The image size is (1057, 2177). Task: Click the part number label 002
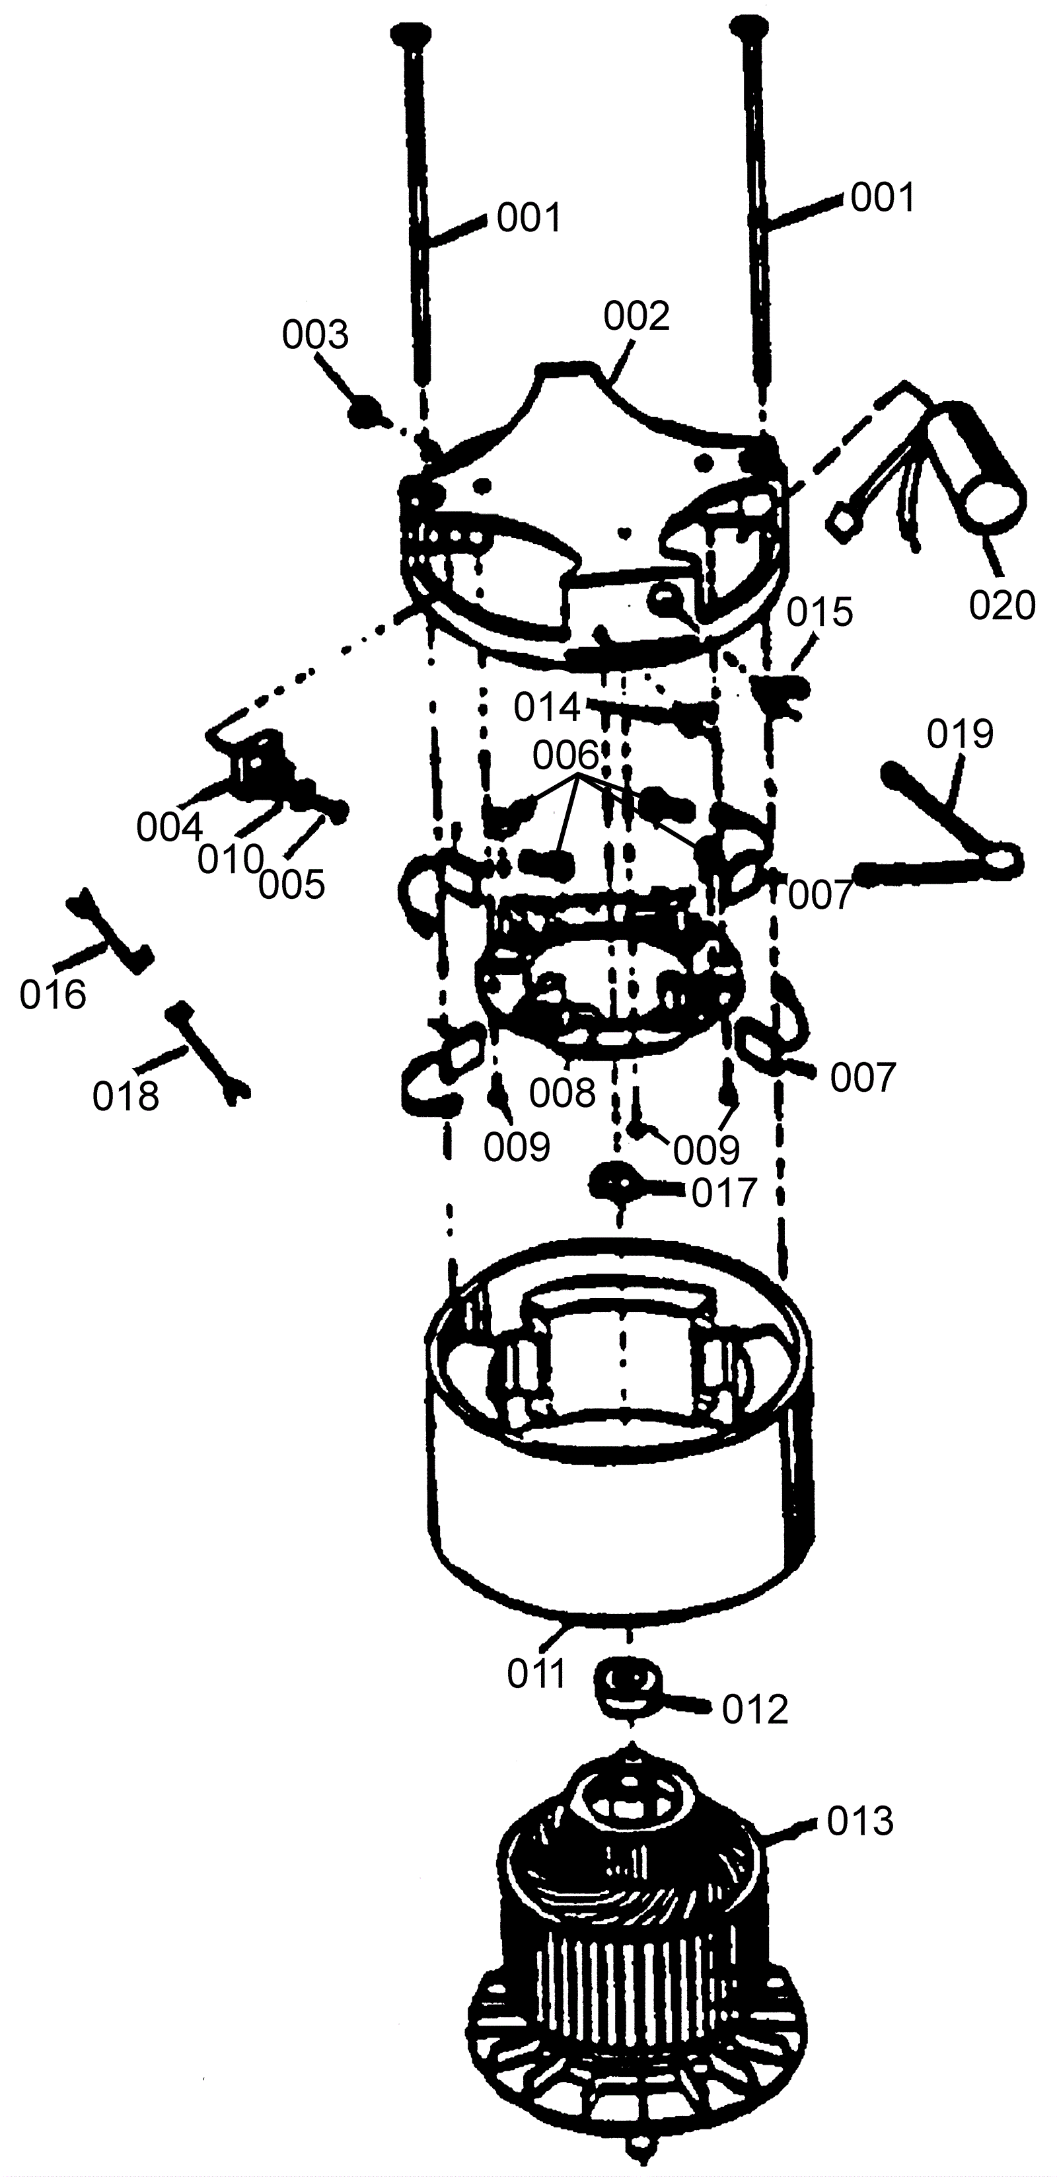coord(636,316)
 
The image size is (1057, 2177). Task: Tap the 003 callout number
coord(315,336)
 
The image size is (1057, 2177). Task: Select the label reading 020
coord(1002,606)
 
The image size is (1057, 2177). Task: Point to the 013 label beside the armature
coord(860,1822)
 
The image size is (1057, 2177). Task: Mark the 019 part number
coord(960,734)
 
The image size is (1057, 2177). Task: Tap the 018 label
coord(126,1096)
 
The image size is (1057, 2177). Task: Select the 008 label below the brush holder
coord(563,1092)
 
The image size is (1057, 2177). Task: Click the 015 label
coord(820,612)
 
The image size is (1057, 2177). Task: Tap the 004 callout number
coord(170,828)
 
